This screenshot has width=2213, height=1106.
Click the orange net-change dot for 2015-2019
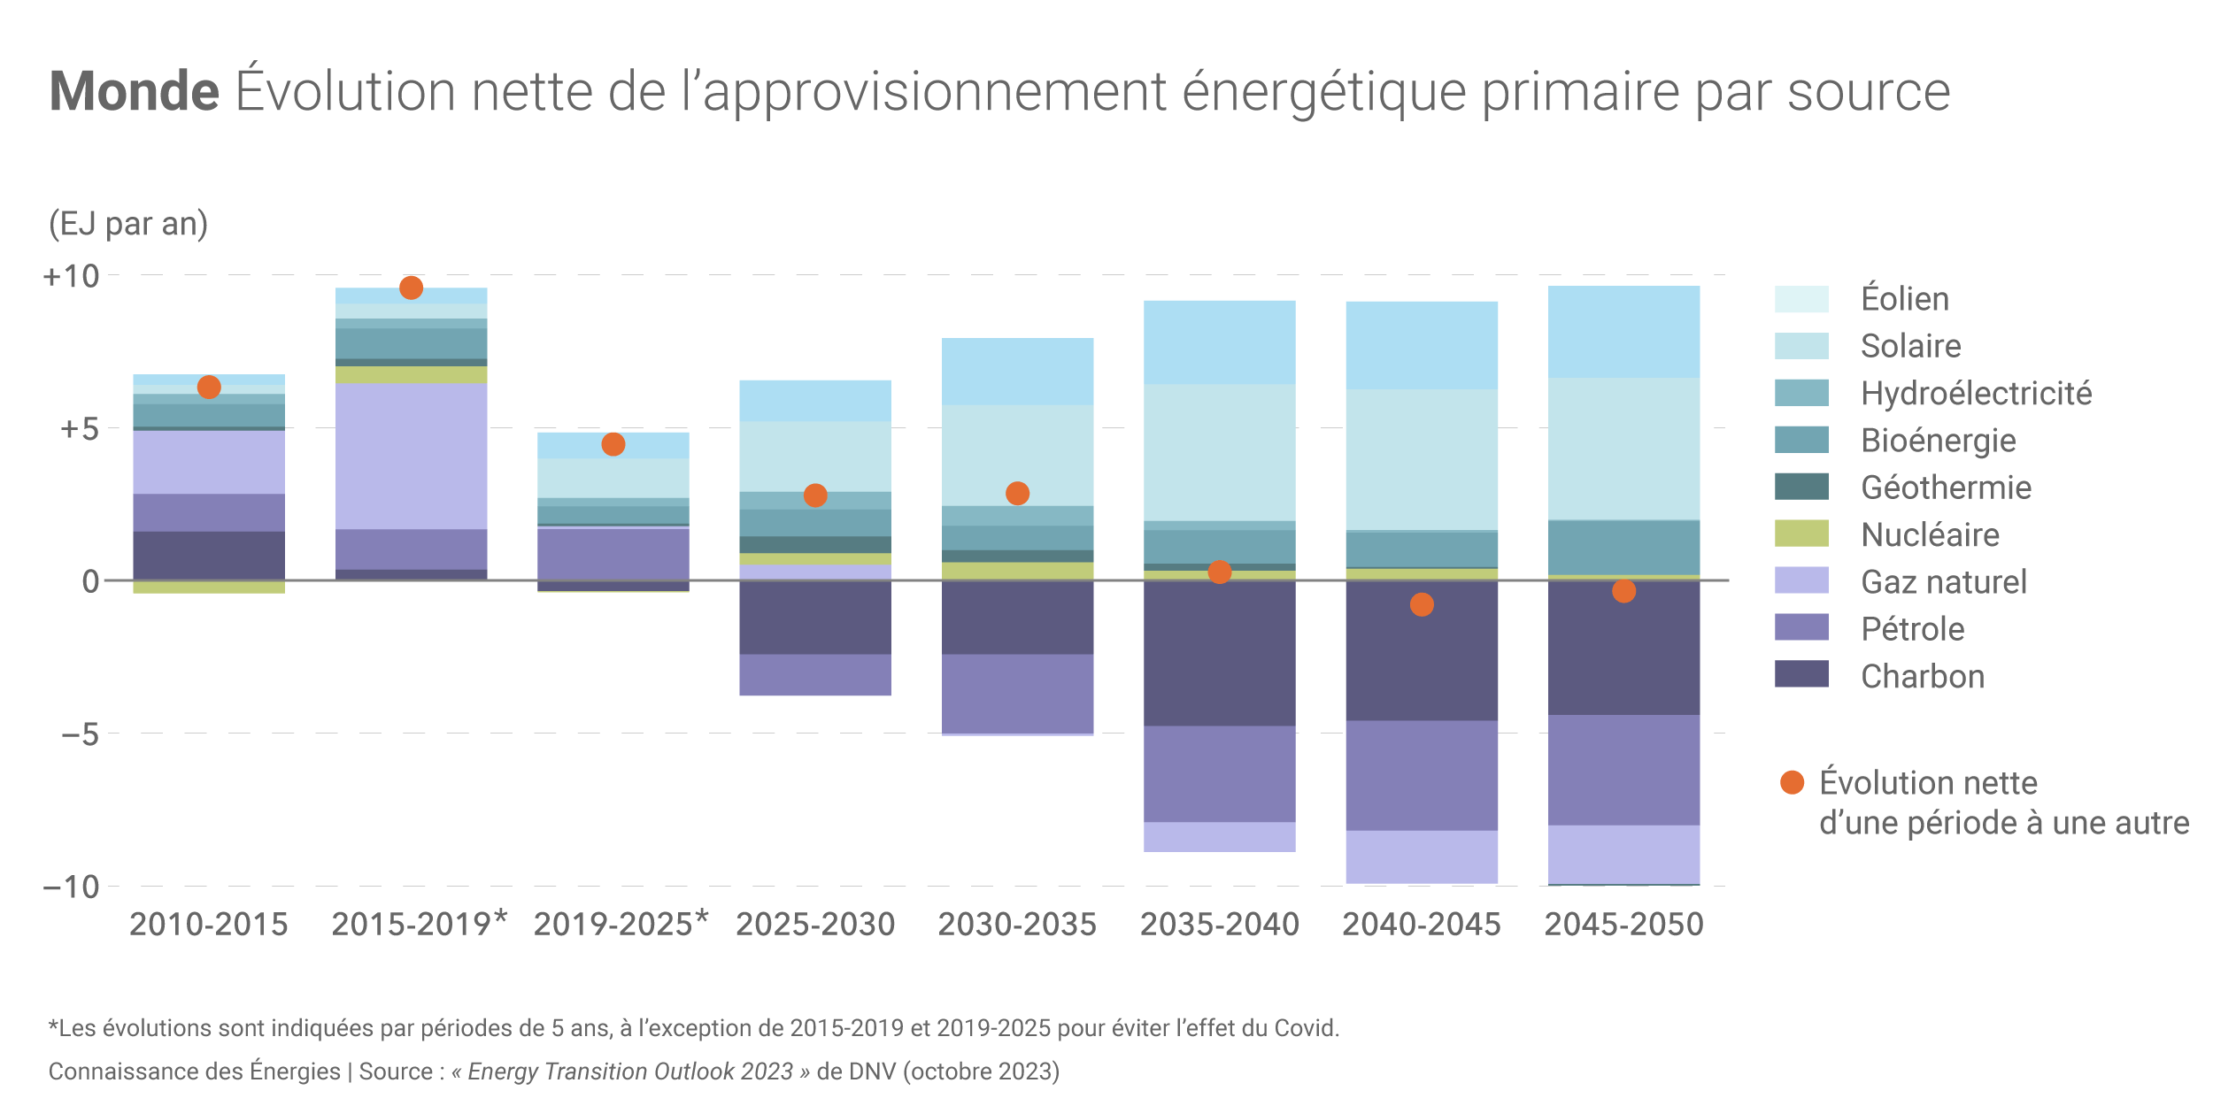411,288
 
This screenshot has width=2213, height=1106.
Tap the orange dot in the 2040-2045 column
1422,604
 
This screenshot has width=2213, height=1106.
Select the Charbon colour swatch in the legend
1801,673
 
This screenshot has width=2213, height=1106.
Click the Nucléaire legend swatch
1801,533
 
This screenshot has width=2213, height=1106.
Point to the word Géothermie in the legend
1946,488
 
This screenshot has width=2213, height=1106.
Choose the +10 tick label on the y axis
72,276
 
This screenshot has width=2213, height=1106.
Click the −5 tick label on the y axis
80,733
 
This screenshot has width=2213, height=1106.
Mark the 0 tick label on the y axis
90,581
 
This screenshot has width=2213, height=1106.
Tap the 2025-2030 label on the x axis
815,925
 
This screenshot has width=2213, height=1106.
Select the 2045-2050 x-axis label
1623,925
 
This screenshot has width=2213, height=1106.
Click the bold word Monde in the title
134,91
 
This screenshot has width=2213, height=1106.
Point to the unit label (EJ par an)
128,224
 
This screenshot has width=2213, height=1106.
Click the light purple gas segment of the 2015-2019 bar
411,456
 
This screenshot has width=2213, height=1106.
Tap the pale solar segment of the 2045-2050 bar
1623,449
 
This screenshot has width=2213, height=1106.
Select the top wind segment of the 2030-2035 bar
1017,372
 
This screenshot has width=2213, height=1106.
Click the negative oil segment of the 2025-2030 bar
815,675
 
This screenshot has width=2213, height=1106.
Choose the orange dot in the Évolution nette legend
1792,782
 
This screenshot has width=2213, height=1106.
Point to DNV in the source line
872,1071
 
